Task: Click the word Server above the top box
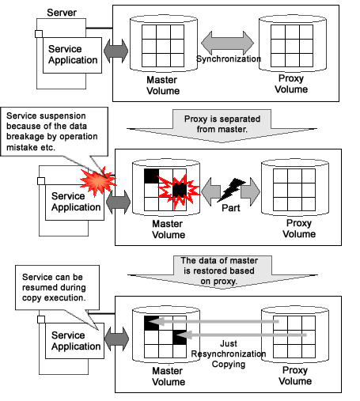pos(62,13)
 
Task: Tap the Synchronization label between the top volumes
pos(229,59)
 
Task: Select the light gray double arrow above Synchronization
pos(227,43)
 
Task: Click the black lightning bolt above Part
pos(231,190)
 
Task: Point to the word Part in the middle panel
pos(231,208)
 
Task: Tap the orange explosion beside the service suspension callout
pos(98,181)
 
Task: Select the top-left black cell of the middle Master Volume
pos(151,176)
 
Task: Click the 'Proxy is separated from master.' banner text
pos(222,124)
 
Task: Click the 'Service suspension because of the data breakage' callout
pos(52,131)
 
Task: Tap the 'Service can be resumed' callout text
pos(54,287)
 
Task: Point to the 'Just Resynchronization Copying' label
pos(229,354)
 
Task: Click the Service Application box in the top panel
pos(72,55)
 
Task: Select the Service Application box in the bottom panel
pos(74,341)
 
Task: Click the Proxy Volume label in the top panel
pos(291,84)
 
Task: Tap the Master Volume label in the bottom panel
pos(169,376)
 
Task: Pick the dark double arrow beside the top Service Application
pos(116,51)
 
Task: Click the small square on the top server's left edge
pos(39,34)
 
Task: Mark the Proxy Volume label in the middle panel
pos(299,229)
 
